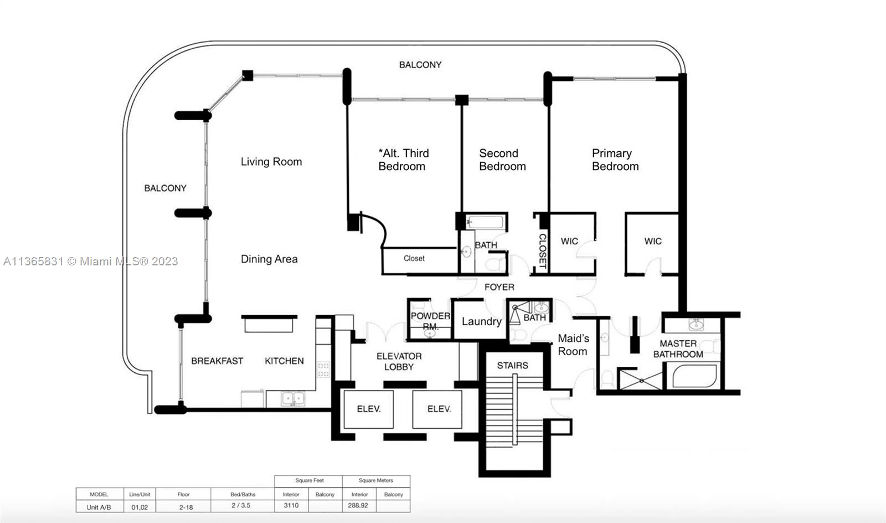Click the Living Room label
pos(271,161)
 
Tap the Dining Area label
pos(269,259)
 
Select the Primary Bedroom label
pos(615,160)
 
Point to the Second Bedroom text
pos(502,160)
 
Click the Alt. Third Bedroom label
pos(404,160)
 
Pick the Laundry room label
pos(481,321)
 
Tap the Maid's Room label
pos(573,345)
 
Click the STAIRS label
pos(513,365)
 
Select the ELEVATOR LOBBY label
pos(399,362)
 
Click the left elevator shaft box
pos(369,409)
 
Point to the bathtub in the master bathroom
pos(694,376)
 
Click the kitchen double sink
pos(293,398)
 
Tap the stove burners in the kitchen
pos(323,370)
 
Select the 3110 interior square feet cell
pos(291,505)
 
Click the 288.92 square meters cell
pos(358,505)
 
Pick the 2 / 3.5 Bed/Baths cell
pos(241,505)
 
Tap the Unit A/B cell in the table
pos(99,507)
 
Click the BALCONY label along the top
pos(420,64)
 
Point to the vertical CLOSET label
pos(543,251)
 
